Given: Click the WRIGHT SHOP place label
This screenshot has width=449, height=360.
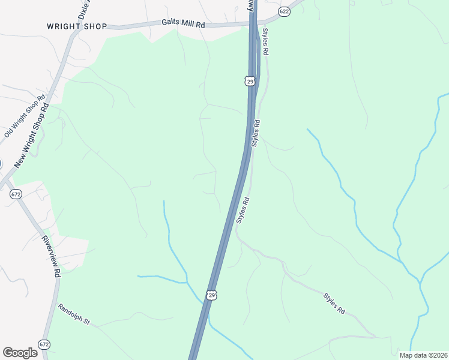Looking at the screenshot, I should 77,26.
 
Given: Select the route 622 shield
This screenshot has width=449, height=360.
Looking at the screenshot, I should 285,11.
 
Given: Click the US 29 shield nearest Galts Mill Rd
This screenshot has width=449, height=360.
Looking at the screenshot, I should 250,80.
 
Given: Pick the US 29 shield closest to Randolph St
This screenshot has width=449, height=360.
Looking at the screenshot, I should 211,295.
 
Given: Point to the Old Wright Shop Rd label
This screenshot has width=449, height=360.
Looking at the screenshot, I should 25,116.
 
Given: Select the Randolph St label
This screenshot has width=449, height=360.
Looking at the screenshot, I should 74,314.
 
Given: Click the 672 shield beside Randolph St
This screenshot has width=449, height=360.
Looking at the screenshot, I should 44,344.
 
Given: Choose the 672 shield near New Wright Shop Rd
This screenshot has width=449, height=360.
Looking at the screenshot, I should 16,194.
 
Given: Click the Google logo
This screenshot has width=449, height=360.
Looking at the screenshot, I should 20,353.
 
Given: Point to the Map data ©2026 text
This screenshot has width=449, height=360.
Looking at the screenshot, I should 423,355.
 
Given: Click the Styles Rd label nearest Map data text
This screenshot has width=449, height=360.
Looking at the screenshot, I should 334,304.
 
